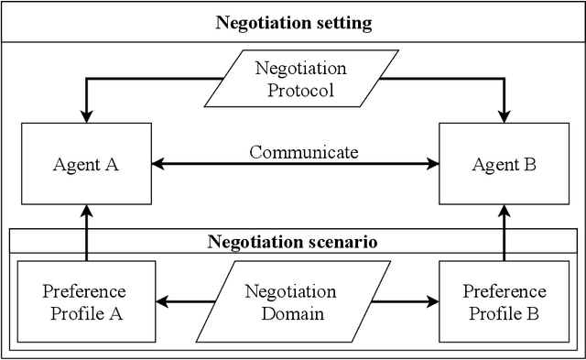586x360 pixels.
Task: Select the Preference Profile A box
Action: (x=84, y=301)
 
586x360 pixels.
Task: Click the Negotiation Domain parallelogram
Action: (x=290, y=301)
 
